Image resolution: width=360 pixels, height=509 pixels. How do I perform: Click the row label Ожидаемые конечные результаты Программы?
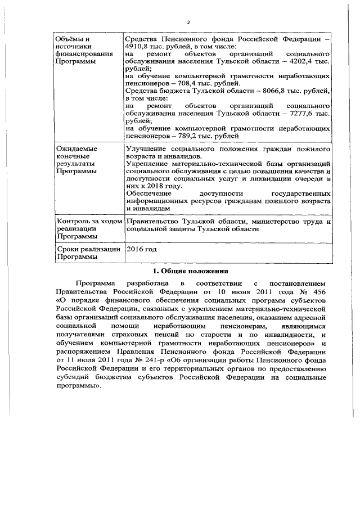point(77,160)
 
